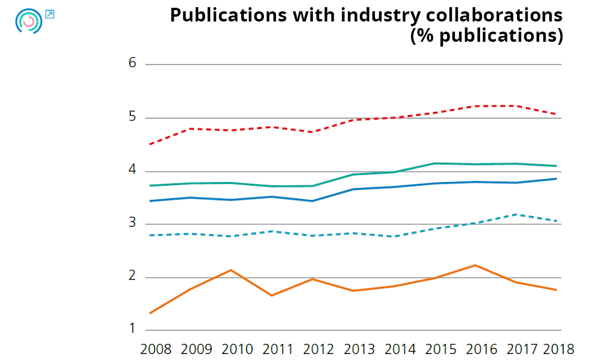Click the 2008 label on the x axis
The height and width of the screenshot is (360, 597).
pos(156,349)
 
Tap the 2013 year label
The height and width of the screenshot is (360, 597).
pos(359,349)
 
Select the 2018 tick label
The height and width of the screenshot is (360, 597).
pos(558,349)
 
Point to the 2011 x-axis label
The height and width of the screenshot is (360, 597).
pos(278,349)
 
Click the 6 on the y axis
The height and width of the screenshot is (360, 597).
pos(133,63)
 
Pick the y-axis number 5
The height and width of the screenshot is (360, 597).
pos(133,117)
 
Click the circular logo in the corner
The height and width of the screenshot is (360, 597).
pos(29,21)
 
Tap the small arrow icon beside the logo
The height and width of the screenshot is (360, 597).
pos(50,14)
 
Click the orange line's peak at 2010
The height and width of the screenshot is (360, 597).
pos(231,270)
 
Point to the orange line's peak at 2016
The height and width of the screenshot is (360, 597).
pos(475,265)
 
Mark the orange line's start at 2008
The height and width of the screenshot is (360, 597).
pos(150,313)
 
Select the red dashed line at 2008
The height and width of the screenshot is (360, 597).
pos(150,144)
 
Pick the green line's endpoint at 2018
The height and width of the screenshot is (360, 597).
pos(556,166)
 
